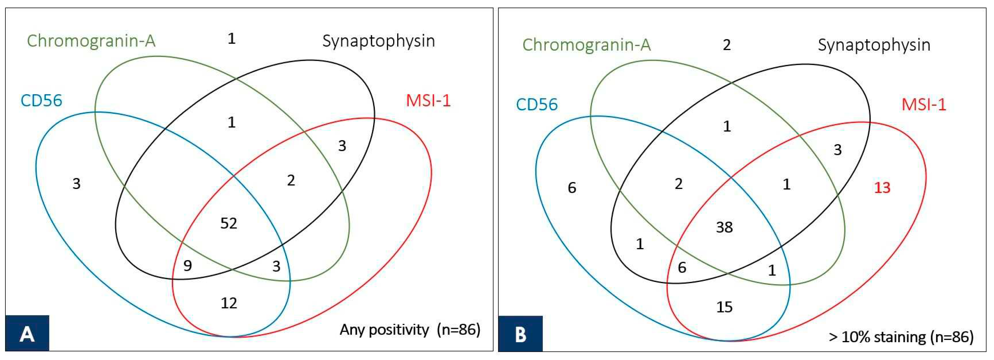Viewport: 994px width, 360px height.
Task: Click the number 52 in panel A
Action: pos(229,223)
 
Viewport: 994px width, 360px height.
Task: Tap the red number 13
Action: pos(882,188)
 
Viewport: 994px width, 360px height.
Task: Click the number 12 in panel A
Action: pos(229,303)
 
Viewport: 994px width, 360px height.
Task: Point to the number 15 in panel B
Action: pos(724,307)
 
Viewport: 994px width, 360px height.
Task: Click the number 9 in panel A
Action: pos(188,266)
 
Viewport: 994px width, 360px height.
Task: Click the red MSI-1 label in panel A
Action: pos(428,101)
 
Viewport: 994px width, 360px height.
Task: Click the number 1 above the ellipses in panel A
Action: pos(231,38)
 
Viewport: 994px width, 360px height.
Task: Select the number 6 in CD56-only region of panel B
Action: pos(572,188)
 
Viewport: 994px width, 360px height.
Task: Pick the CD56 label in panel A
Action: pos(41,101)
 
